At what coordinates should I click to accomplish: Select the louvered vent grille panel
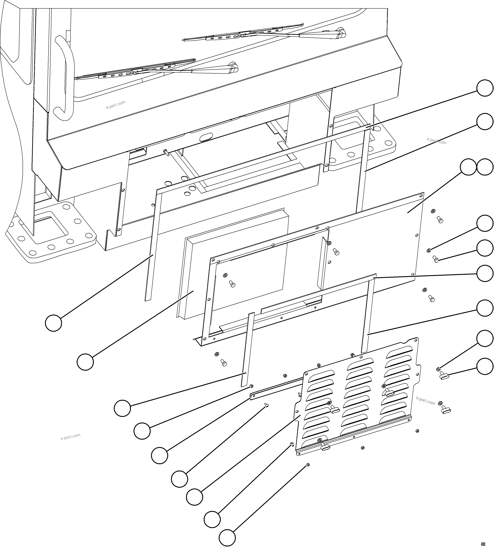click(358, 396)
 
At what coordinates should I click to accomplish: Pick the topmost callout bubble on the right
click(485, 88)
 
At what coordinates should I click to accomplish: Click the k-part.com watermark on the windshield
click(116, 104)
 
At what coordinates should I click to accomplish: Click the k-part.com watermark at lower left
click(71, 437)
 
